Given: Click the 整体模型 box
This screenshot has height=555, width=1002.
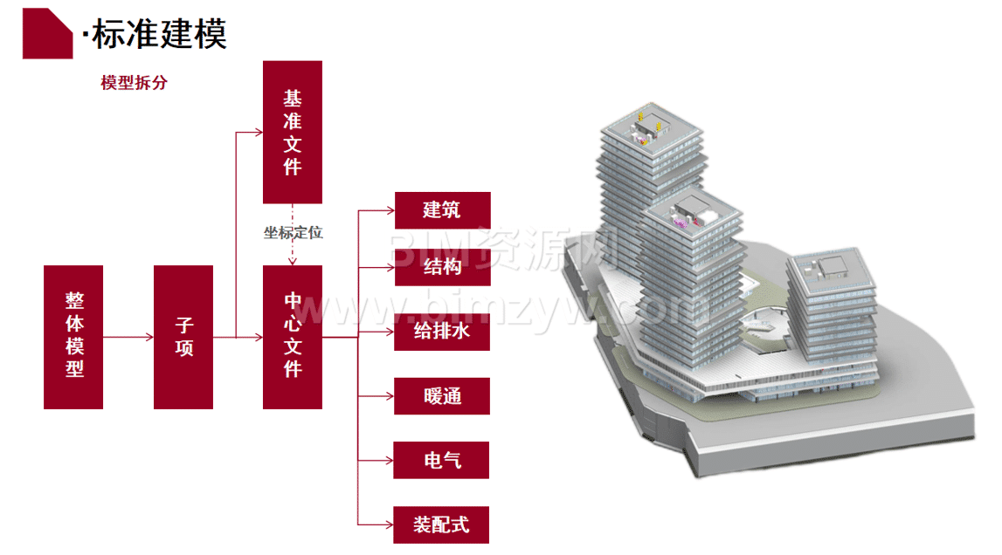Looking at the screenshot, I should [x=74, y=337].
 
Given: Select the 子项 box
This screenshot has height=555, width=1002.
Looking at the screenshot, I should [x=183, y=337].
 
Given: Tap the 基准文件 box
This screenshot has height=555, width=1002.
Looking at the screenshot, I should [x=293, y=132].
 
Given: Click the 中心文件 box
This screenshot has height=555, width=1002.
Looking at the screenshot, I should [x=293, y=337].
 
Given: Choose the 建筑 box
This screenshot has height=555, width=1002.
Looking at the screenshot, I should [x=442, y=210].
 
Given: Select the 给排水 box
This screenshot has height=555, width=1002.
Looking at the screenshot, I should [x=442, y=332].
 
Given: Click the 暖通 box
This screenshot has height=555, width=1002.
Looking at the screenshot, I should [x=442, y=396].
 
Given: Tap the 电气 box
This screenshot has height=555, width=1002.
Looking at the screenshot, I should [x=442, y=460].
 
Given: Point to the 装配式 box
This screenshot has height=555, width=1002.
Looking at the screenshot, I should [x=442, y=524].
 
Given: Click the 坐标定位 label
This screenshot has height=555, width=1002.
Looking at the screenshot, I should [x=294, y=233].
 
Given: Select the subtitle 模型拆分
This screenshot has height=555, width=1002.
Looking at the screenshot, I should [x=134, y=84].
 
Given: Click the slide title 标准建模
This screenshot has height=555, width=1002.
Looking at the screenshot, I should [x=158, y=35].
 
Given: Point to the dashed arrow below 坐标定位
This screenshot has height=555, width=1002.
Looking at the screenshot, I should [x=294, y=253].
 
